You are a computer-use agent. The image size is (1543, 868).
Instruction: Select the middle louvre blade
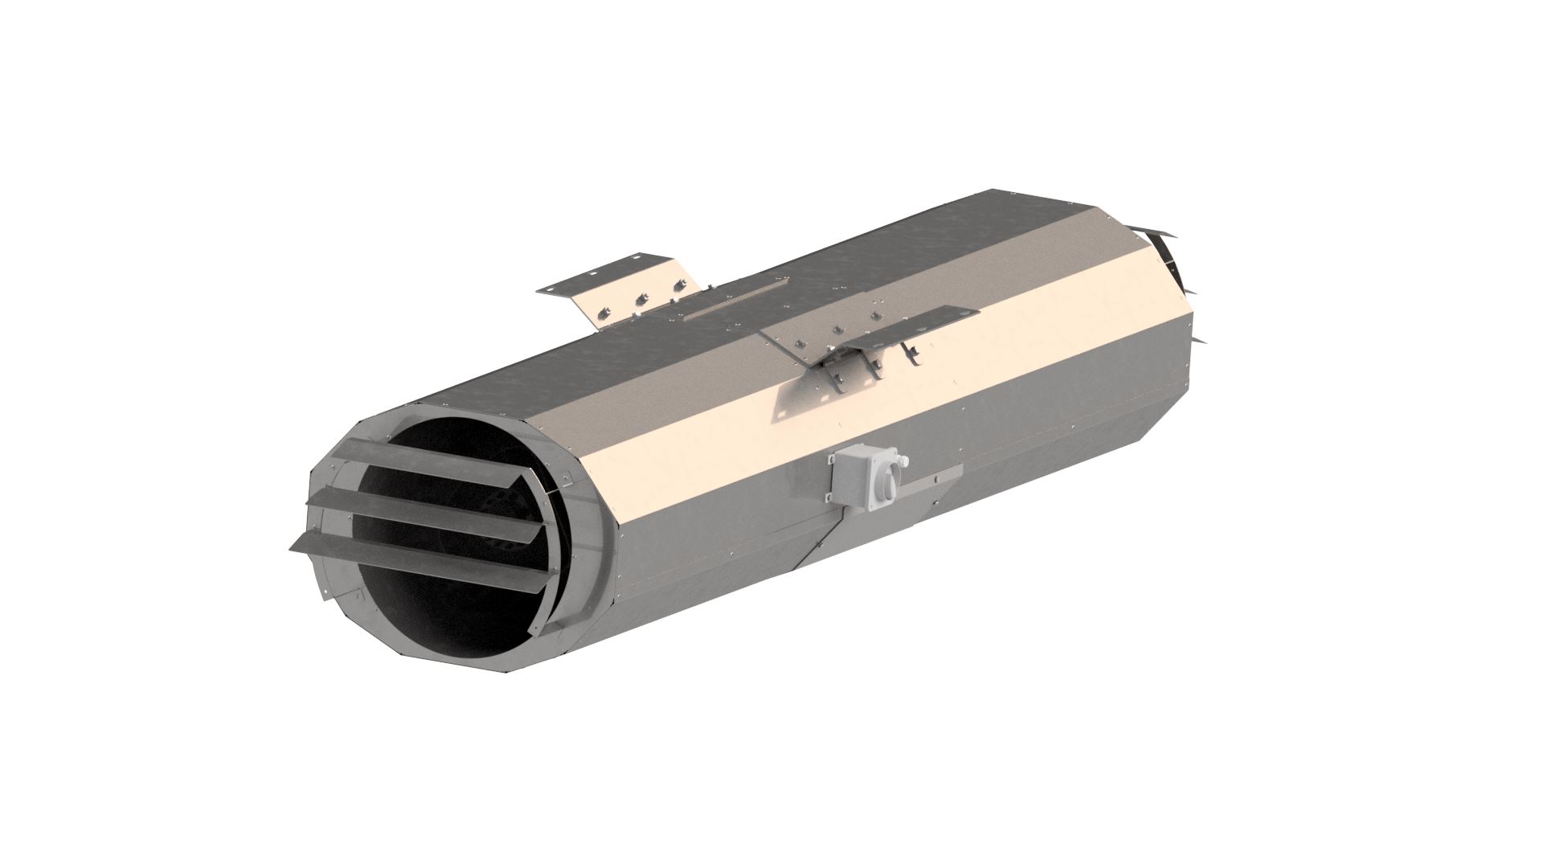tap(434, 514)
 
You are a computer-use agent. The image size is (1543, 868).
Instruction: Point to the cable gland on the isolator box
tap(903, 461)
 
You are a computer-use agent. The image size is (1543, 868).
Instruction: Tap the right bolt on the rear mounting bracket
tap(680, 285)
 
